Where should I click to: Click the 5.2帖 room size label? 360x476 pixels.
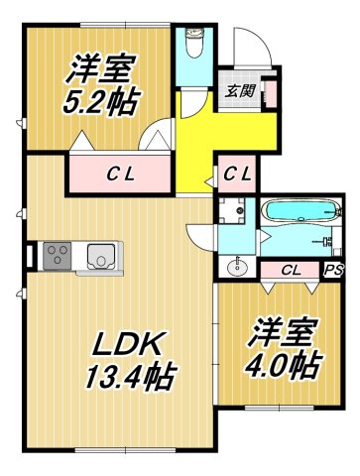pos(103,100)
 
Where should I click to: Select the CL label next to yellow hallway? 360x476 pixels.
pos(237,175)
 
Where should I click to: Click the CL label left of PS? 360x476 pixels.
pos(291,269)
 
